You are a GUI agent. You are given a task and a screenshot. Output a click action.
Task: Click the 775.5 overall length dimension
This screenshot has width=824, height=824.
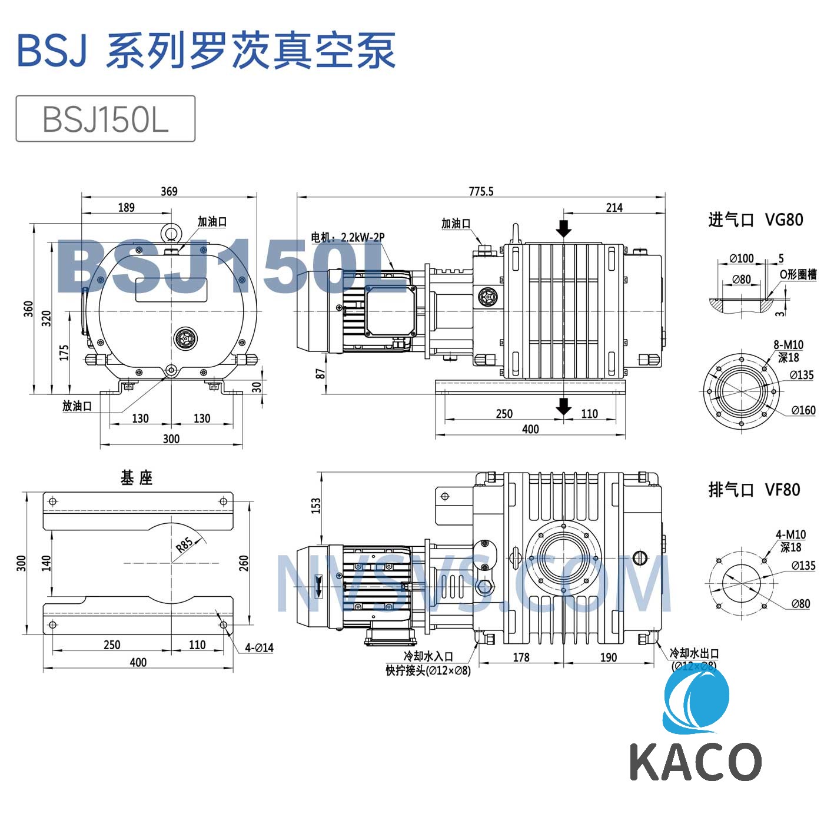point(481,191)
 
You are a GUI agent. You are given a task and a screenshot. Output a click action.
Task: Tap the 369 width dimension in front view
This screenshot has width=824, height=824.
point(169,191)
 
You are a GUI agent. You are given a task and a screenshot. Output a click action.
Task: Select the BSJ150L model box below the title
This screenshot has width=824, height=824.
point(105,119)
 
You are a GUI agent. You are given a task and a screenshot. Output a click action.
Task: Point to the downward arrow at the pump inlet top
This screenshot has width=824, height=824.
point(564,228)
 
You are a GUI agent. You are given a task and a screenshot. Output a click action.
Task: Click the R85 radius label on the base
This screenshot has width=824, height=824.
point(184,545)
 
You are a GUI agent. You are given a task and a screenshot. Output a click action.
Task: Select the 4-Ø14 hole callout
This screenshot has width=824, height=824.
point(260,647)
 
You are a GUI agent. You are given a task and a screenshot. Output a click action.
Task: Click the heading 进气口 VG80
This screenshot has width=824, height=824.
point(755,220)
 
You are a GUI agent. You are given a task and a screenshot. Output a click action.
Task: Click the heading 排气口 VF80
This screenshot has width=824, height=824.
point(754,490)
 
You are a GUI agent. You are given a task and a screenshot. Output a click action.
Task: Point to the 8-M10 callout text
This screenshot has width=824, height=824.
point(788,345)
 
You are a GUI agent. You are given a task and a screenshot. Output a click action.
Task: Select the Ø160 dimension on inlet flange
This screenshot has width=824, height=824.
point(803,410)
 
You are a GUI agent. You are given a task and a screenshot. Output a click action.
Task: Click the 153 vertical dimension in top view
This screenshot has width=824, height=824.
point(316,505)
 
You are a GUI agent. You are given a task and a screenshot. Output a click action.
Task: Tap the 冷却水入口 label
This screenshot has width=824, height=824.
point(428,656)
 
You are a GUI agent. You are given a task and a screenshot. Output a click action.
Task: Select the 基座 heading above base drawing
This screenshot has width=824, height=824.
point(137,478)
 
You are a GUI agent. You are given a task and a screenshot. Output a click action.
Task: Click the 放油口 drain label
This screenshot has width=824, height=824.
point(77,406)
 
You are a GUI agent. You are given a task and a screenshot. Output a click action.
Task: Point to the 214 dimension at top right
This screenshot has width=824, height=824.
point(614,207)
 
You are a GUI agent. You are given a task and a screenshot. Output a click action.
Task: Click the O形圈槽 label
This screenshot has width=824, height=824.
point(798,274)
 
